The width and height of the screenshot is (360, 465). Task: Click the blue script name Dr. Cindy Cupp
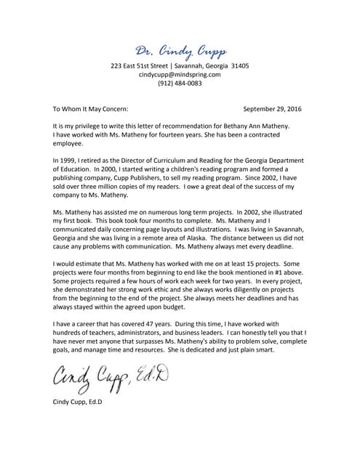[x=180, y=50]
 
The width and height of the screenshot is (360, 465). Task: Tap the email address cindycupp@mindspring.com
[x=180, y=74]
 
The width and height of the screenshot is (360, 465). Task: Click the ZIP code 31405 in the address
[x=237, y=65]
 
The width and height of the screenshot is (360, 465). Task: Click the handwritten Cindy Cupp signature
[x=108, y=376]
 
